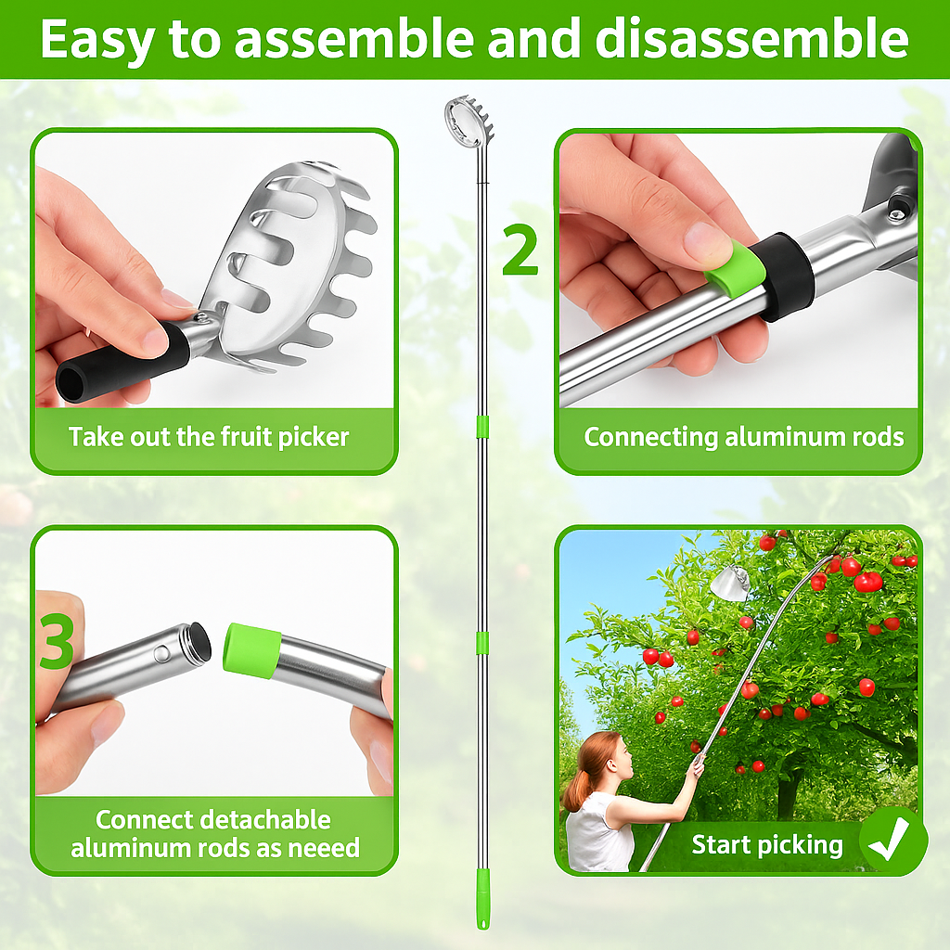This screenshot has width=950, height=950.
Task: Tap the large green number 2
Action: tap(520, 250)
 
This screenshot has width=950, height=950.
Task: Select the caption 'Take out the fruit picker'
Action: tap(209, 436)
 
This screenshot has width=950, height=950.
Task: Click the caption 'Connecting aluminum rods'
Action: tap(743, 436)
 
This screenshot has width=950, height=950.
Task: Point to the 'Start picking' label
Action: tap(767, 845)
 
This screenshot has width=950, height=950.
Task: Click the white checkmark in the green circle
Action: tap(892, 842)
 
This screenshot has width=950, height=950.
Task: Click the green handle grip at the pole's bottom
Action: tap(482, 898)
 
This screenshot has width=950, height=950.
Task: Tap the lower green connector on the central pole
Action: tap(481, 642)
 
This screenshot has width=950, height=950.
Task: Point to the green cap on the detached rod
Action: tap(251, 649)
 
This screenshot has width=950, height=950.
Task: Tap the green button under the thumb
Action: tap(734, 267)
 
